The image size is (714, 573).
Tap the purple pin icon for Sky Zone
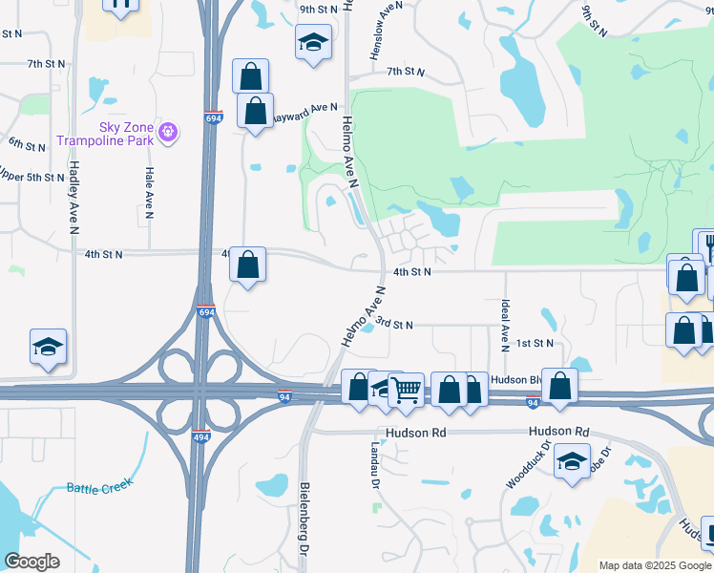168,132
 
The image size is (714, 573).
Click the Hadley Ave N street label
73,196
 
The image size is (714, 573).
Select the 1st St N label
535,343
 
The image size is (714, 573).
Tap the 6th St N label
27,145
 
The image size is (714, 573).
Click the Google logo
31,562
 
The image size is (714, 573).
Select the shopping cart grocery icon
407,389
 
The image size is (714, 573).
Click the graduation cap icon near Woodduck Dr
572,461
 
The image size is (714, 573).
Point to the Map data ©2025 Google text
654,565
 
